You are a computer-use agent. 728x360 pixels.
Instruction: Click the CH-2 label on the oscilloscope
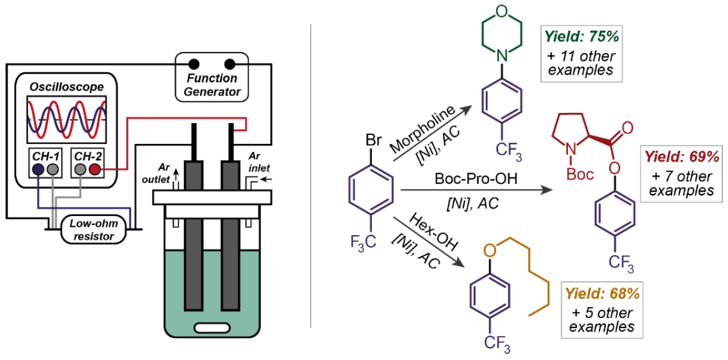[87, 153]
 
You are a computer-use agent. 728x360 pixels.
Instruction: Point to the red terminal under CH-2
[95, 170]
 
